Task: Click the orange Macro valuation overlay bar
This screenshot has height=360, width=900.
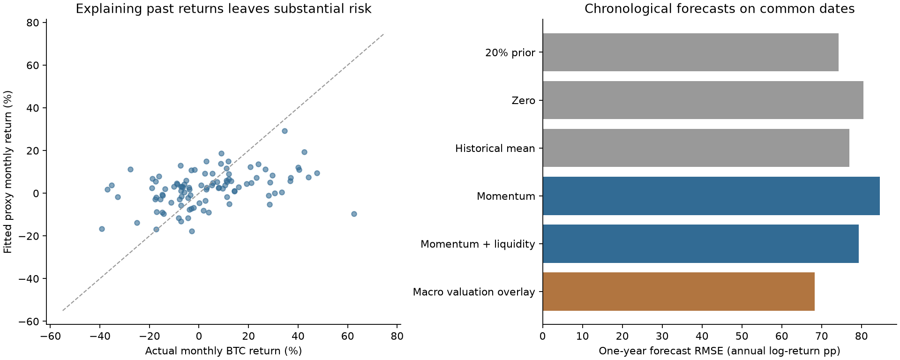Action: (679, 292)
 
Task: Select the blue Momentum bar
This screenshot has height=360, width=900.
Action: (711, 196)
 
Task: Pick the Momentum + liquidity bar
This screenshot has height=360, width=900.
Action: (701, 244)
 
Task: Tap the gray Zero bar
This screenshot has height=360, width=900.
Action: (703, 100)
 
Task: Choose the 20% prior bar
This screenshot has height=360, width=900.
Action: (690, 52)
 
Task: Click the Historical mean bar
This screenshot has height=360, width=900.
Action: (696, 148)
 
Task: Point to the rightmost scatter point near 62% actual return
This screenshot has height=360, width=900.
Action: (354, 214)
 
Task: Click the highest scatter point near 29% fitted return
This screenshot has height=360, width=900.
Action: (285, 131)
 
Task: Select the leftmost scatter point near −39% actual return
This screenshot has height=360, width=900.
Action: (102, 229)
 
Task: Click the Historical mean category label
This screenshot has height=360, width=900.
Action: (495, 149)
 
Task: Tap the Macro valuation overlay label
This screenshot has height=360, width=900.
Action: (474, 292)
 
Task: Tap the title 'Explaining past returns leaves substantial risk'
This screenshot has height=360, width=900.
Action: (224, 8)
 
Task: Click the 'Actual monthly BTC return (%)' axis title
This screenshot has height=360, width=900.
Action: (224, 351)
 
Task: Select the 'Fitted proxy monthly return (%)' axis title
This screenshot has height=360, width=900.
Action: (7, 172)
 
